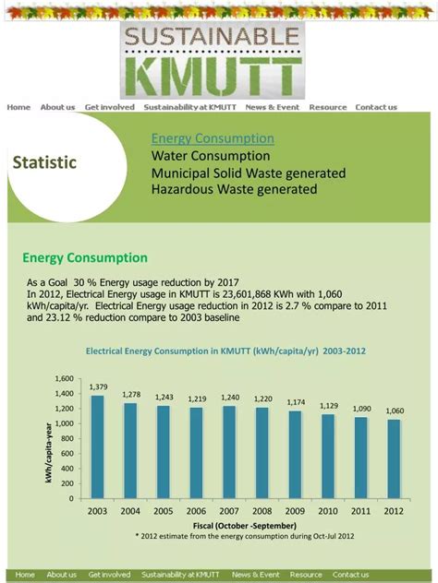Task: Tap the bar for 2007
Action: [x=230, y=452]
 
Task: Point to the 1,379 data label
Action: [x=98, y=387]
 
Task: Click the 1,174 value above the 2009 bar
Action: [x=296, y=402]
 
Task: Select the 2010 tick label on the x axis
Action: [x=329, y=510]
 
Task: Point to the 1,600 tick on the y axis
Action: [x=63, y=379]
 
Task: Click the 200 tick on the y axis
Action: [x=67, y=483]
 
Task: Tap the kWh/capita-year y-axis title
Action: [x=49, y=451]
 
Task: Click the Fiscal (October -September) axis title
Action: [x=244, y=525]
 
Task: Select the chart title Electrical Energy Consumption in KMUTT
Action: [x=226, y=351]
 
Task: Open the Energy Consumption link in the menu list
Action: [x=213, y=138]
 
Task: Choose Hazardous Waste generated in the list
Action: [x=234, y=189]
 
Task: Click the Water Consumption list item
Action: [x=211, y=156]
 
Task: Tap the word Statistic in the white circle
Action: [x=44, y=162]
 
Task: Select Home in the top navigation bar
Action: [x=18, y=107]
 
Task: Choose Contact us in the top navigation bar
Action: [x=376, y=107]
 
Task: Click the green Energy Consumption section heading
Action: [x=85, y=258]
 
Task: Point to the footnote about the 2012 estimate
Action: [x=244, y=535]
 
